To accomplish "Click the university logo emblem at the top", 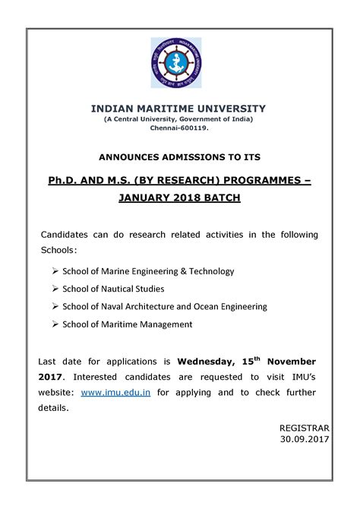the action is pyautogui.click(x=178, y=64).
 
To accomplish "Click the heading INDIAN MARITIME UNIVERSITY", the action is pyautogui.click(x=178, y=109).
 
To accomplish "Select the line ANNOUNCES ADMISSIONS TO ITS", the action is pyautogui.click(x=179, y=157).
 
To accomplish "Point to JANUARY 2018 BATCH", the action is pyautogui.click(x=179, y=198).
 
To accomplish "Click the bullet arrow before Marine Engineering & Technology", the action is pyautogui.click(x=56, y=271).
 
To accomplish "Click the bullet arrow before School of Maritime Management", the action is pyautogui.click(x=56, y=324).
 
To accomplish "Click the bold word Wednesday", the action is pyautogui.click(x=210, y=361).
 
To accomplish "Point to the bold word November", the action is pyautogui.click(x=291, y=361).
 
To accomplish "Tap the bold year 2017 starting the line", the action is pyautogui.click(x=52, y=376).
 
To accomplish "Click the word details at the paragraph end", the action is pyautogui.click(x=53, y=408).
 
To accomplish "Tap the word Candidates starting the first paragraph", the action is pyautogui.click(x=66, y=234).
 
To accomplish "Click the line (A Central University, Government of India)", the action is pyautogui.click(x=178, y=120).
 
